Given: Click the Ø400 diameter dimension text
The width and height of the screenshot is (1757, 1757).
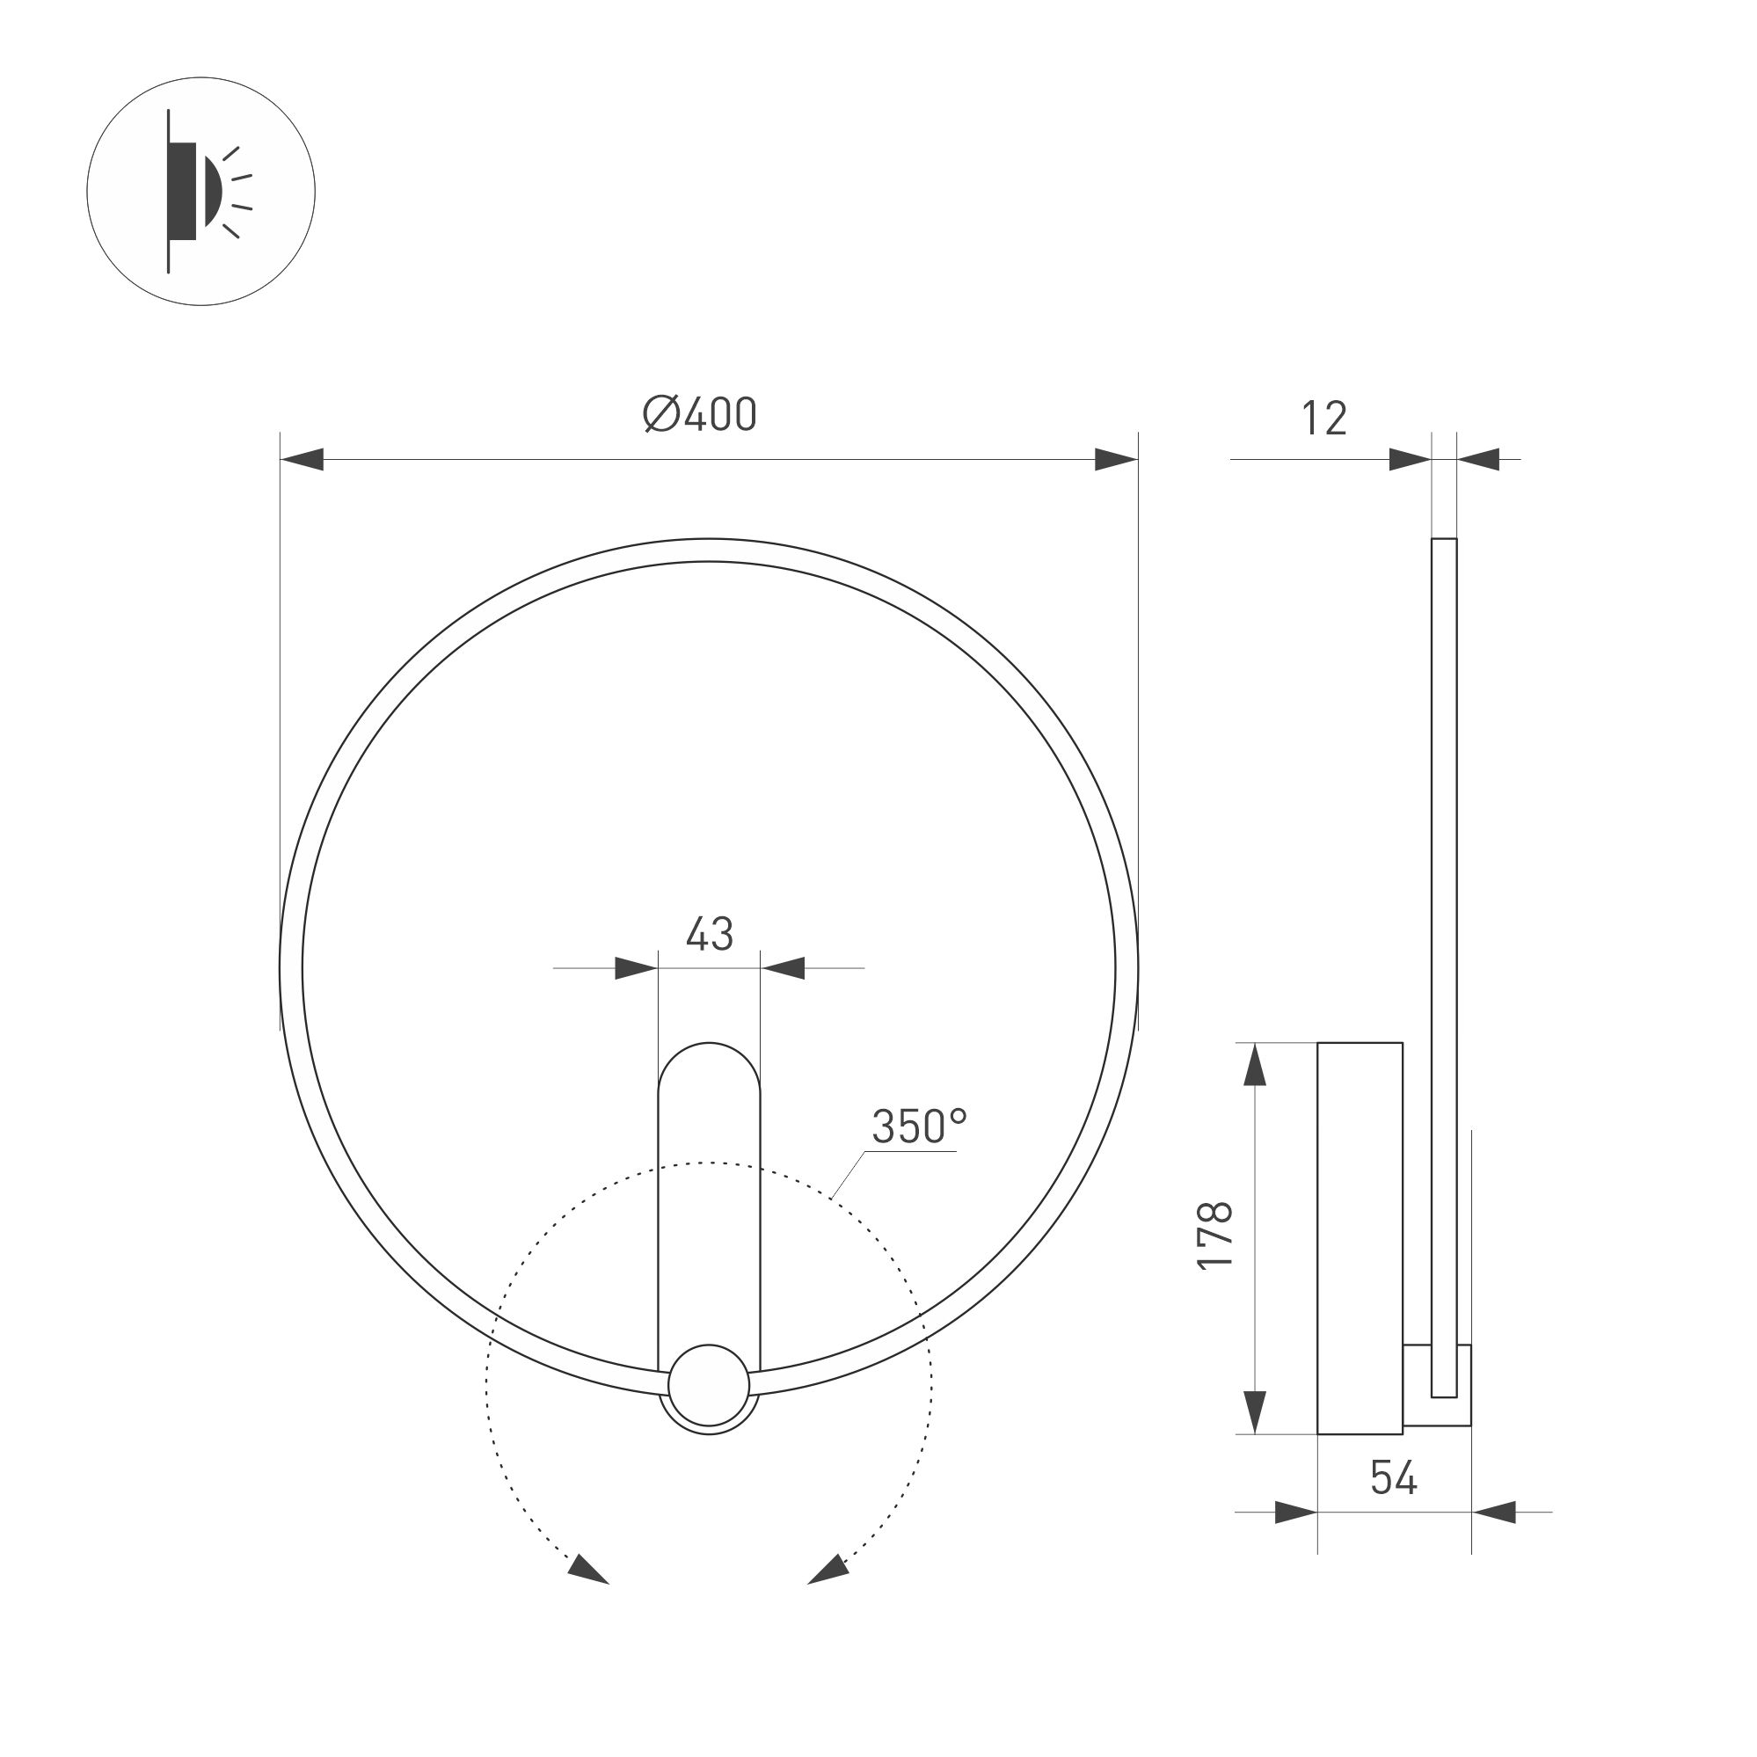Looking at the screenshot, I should tap(699, 416).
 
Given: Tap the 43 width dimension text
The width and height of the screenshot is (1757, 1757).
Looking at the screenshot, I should tap(710, 934).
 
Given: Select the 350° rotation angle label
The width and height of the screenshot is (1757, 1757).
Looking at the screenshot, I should tap(919, 1126).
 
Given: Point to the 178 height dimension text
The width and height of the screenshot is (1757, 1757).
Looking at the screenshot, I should tap(1215, 1236).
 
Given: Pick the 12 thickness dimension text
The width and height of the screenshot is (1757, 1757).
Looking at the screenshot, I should tap(1323, 419).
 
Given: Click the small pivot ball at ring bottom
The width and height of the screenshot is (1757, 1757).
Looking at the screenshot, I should tap(709, 1385).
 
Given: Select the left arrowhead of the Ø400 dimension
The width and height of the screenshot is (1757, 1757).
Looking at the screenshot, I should tap(303, 459).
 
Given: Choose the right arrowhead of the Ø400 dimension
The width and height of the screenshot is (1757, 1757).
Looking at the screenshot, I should tap(1116, 459).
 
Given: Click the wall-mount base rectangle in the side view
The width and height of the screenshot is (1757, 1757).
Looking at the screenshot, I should tap(1360, 1237).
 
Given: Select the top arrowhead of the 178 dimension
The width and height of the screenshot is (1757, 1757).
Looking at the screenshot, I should tap(1254, 1065).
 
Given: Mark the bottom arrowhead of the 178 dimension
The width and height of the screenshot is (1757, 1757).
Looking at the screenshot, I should tap(1254, 1412).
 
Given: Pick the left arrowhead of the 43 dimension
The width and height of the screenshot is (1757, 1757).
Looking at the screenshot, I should tap(636, 967).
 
